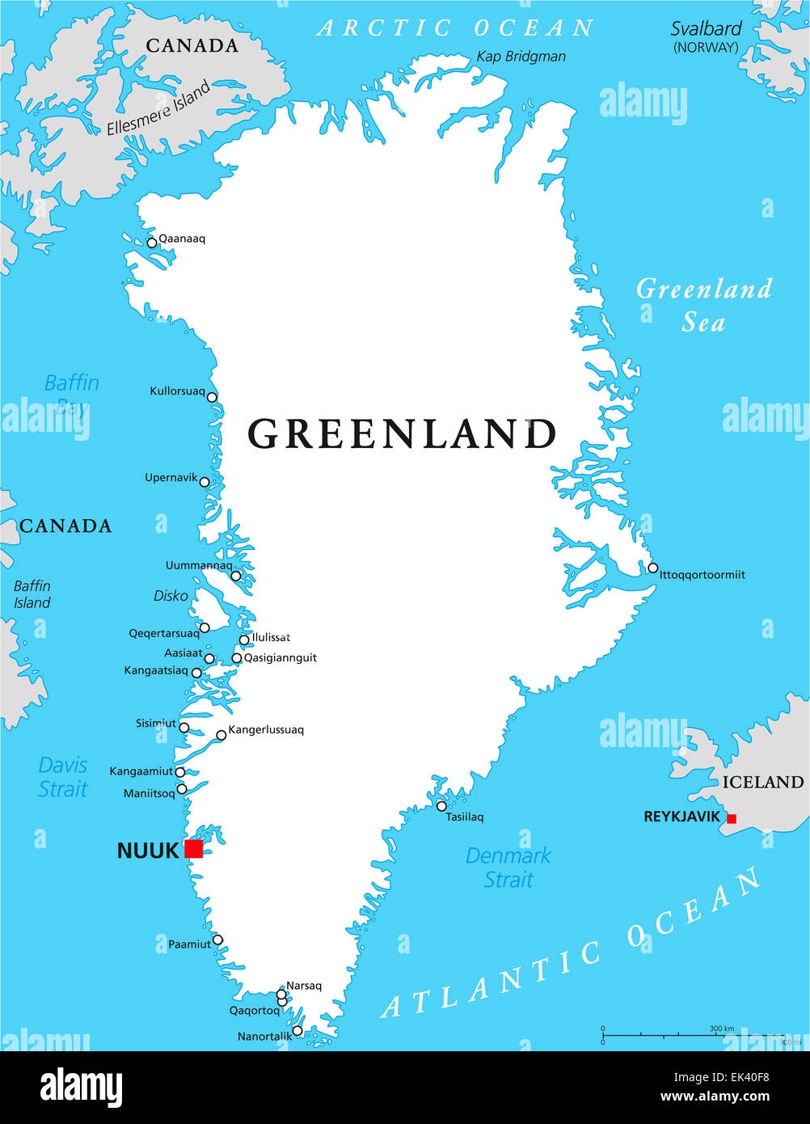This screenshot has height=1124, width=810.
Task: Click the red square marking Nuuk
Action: coord(193,848)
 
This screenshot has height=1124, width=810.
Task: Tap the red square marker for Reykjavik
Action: coord(732,819)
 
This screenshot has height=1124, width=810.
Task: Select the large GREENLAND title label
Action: coord(402,433)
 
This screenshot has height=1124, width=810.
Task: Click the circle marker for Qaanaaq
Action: coord(151,243)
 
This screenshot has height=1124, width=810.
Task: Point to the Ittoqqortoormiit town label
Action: coord(702,575)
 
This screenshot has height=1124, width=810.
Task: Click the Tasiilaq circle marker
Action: coord(441,806)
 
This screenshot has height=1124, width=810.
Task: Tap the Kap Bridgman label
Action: coord(521,57)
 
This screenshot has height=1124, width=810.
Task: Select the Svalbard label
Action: coord(706,29)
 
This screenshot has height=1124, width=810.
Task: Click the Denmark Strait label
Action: coord(508,867)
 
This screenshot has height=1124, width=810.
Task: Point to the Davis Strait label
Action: coord(63,776)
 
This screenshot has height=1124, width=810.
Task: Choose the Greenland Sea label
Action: coord(703,305)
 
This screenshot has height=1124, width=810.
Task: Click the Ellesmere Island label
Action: coord(158,108)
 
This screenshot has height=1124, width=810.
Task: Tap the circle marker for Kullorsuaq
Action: coord(212,397)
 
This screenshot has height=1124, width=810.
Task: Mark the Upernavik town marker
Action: coord(205,483)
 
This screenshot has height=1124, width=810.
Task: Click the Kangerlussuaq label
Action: coord(266,729)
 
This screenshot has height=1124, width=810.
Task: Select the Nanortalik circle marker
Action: coord(297,1031)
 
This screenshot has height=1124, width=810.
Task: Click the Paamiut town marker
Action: coord(217,940)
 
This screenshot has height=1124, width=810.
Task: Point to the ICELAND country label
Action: coord(762,782)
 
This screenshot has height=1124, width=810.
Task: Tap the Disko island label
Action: coord(171,596)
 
